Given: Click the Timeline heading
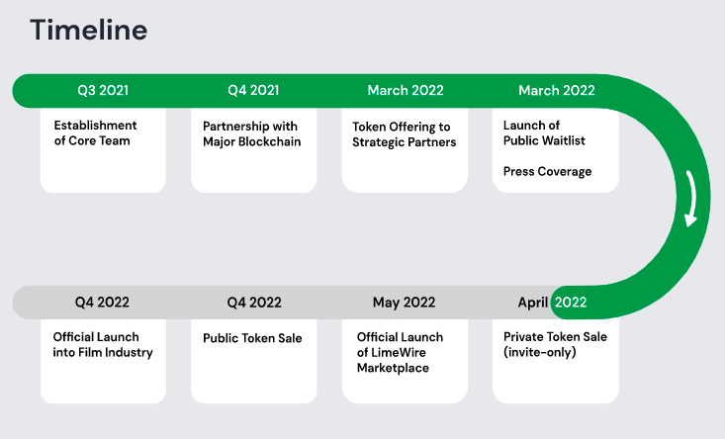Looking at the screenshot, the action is [x=89, y=30].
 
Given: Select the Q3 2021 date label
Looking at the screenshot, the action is [x=103, y=90].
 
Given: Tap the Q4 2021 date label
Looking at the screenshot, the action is [x=253, y=90].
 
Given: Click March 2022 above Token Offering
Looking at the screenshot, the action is [x=406, y=90].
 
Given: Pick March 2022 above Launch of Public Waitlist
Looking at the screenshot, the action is [x=557, y=90].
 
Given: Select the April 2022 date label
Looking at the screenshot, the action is [x=552, y=303].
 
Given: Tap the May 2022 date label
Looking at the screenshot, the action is [x=405, y=303].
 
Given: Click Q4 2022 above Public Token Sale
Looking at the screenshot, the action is [x=254, y=303].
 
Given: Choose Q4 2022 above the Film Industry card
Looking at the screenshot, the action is [x=102, y=303].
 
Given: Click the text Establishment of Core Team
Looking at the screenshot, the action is [x=95, y=133].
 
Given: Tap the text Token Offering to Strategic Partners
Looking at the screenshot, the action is [x=405, y=134].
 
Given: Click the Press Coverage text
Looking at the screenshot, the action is [x=547, y=171].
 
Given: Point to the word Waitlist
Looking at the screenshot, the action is [x=562, y=140].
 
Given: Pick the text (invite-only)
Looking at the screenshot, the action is [x=540, y=352].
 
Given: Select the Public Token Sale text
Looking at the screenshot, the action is [x=252, y=338].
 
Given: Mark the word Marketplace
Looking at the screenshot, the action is [x=393, y=368].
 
